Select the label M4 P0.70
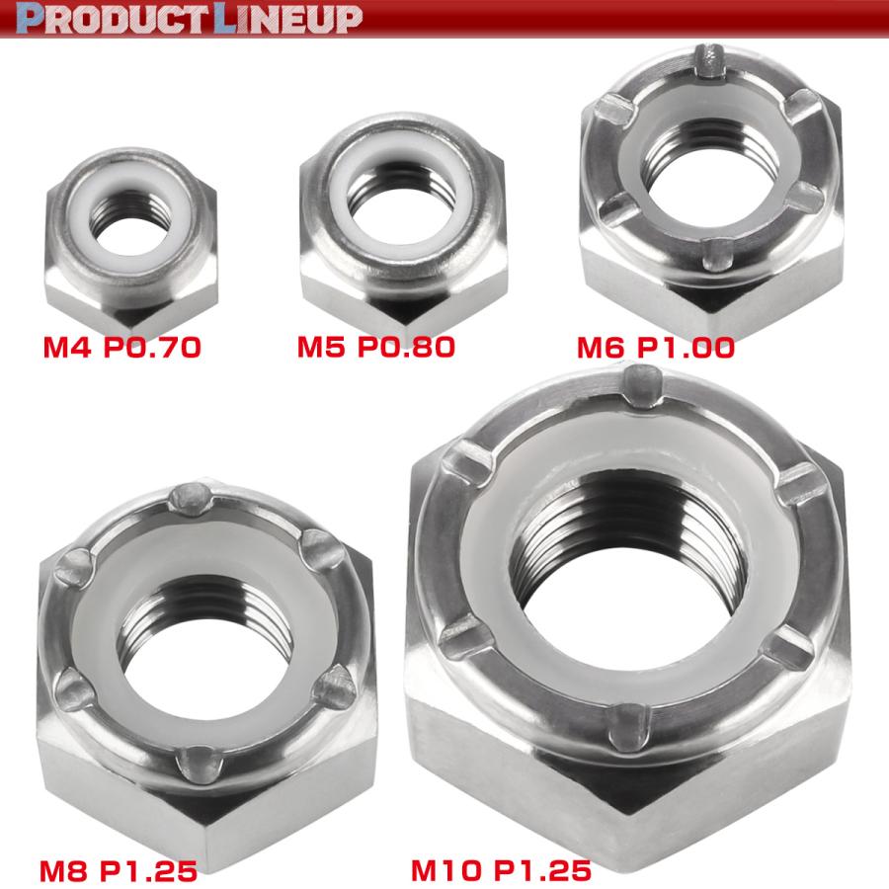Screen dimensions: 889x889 point(122,347)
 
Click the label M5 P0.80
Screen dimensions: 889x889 point(375,347)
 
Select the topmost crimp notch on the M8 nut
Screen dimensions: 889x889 point(191,499)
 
